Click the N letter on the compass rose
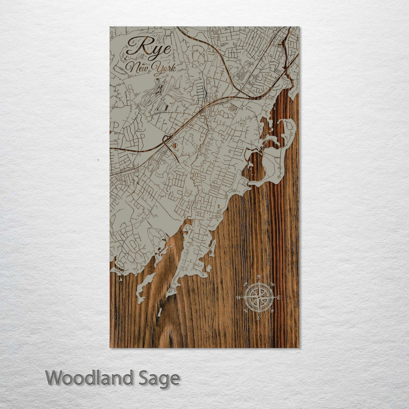tap(258, 277)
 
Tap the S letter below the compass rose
tap(258, 318)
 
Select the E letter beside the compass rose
tap(279, 297)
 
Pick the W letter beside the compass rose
tap(239, 297)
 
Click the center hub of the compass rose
tap(258, 297)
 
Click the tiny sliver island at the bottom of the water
tap(159, 312)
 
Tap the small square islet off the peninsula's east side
tap(209, 268)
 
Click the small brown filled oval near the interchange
tap(174, 145)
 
